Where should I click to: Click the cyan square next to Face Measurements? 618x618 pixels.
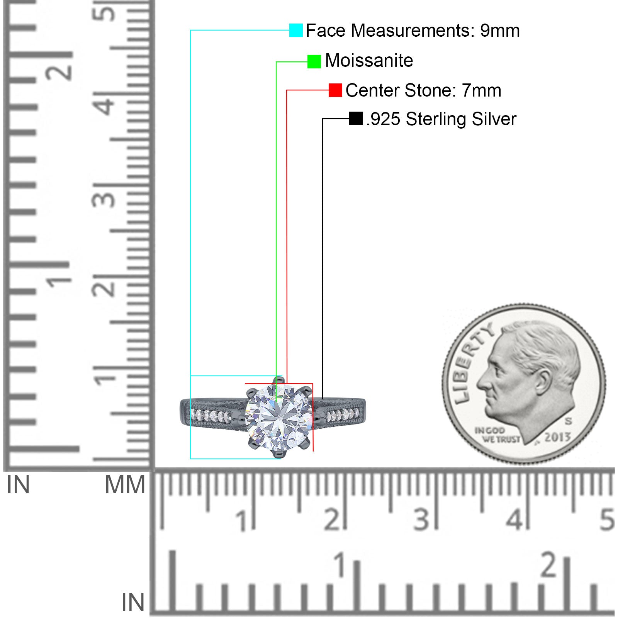pos(296,30)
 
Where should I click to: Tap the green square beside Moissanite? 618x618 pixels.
pos(314,61)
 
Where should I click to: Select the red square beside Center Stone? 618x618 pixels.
pos(335,90)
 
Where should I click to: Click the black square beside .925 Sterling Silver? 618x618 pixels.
pos(356,119)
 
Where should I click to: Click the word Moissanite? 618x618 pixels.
pos(369,61)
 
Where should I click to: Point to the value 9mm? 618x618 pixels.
pos(500,31)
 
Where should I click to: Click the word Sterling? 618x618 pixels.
pos(436,119)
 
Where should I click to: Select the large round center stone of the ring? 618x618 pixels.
pos(279,417)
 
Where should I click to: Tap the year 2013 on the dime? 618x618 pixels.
pos(557,437)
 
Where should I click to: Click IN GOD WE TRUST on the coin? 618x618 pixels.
pos(497,435)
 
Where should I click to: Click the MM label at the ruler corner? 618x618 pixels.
pos(125,485)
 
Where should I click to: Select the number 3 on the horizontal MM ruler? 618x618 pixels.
pos(421,520)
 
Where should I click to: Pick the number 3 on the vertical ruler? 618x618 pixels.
pos(104,200)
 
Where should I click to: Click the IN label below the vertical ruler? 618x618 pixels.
pos(18,485)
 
